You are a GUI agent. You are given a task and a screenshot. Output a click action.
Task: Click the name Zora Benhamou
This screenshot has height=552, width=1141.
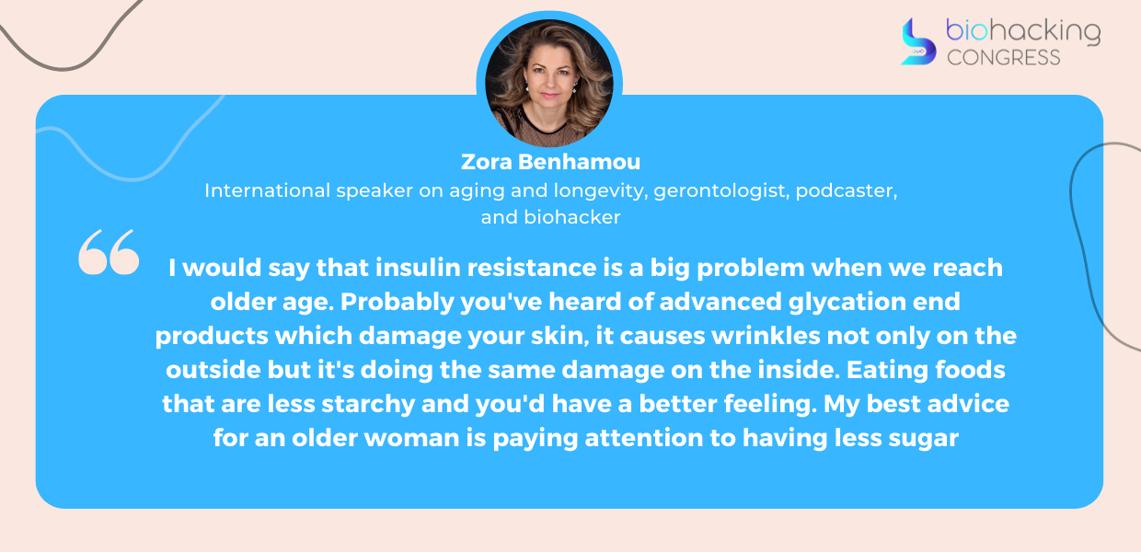(x=550, y=162)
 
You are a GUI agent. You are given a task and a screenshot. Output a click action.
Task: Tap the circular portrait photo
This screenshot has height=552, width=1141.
(x=549, y=84)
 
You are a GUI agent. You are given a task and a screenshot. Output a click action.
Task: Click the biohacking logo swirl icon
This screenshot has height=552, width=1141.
(x=918, y=41)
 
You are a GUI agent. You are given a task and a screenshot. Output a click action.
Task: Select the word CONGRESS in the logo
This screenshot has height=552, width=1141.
(x=1004, y=58)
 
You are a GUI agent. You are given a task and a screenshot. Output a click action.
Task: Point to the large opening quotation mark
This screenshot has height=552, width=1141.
(x=109, y=252)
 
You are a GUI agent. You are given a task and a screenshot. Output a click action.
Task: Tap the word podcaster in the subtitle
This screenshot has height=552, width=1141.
(x=846, y=190)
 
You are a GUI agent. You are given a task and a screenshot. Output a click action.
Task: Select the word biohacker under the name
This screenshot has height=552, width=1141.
(x=572, y=217)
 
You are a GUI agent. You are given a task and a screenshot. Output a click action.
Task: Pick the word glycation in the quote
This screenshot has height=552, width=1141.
(x=847, y=302)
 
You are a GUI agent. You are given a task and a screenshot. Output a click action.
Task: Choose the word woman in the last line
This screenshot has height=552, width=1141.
(x=411, y=438)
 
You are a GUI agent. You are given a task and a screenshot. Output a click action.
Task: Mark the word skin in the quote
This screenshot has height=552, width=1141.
(x=559, y=336)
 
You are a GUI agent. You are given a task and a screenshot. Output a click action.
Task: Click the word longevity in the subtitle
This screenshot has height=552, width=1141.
(x=601, y=191)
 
